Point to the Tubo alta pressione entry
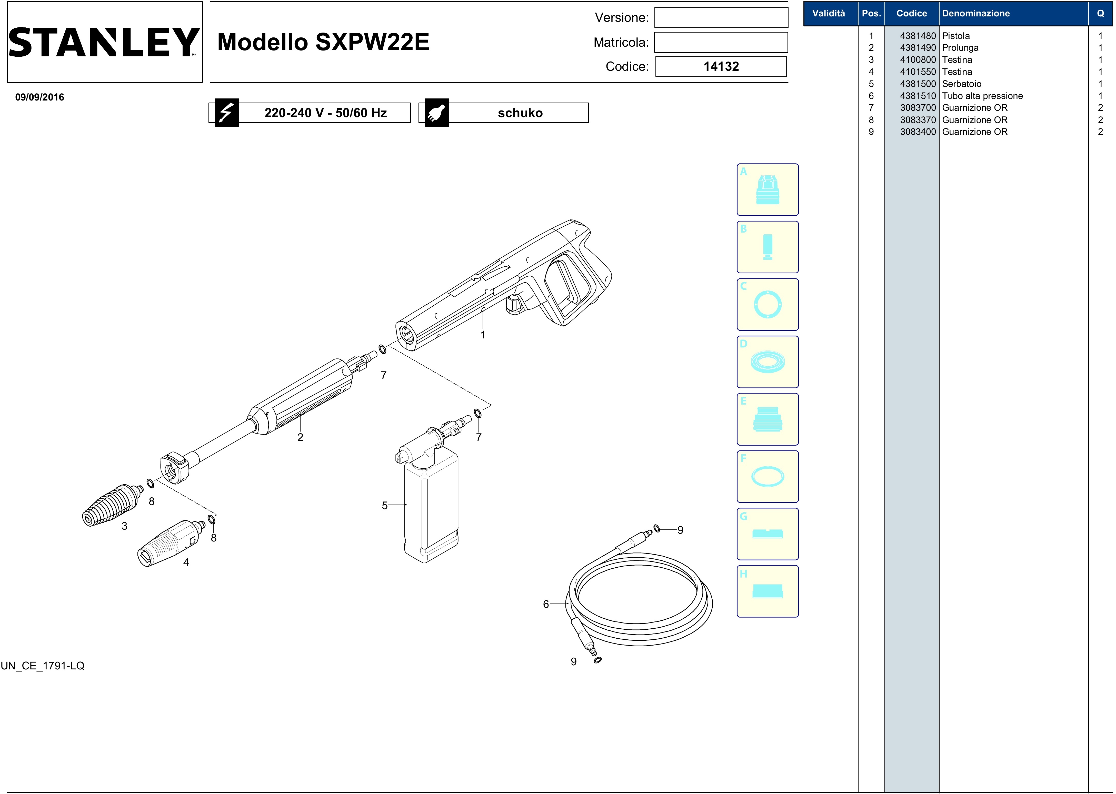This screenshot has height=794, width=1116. click(982, 96)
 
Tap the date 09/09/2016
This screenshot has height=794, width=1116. click(39, 97)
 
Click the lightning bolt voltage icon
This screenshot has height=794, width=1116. click(226, 113)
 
